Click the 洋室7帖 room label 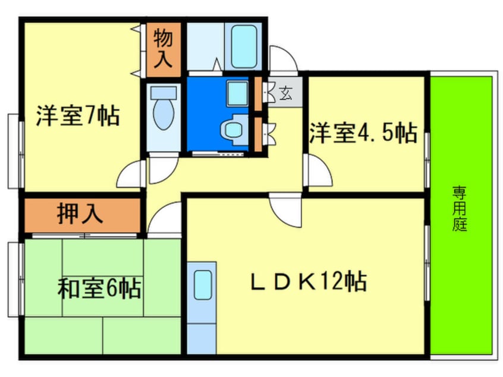point(77,115)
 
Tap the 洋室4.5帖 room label point(362,132)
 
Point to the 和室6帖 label point(99,289)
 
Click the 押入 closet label point(80,213)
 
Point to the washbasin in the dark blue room point(237,92)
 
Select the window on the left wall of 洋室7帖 point(15,143)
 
